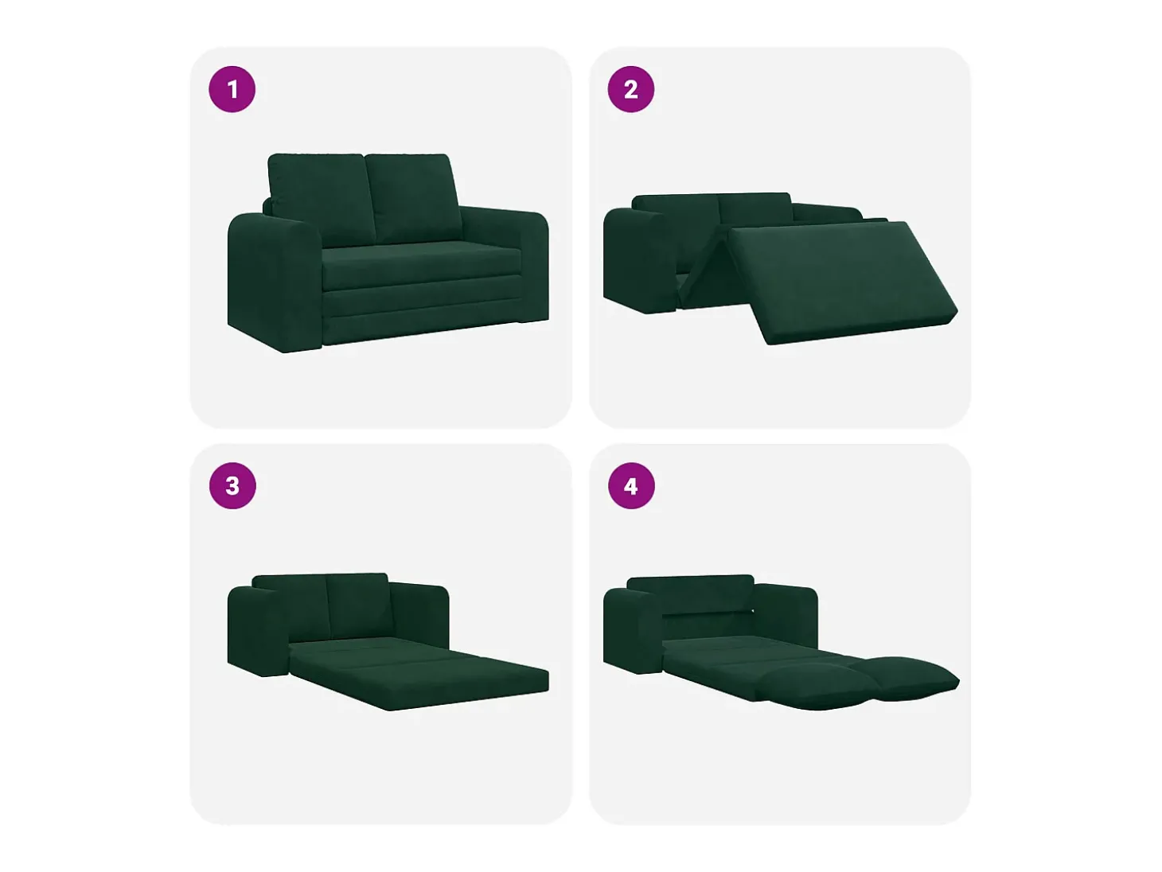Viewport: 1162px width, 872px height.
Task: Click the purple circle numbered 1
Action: coord(232,89)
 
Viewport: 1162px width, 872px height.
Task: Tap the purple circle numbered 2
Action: coord(630,89)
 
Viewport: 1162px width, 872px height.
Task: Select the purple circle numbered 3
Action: coord(232,486)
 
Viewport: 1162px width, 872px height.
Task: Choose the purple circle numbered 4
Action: coord(631,486)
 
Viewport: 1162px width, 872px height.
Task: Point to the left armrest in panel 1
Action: coord(275,282)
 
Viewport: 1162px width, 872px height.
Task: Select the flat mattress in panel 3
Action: coord(418,673)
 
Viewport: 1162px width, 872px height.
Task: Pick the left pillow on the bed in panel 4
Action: coord(815,687)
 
